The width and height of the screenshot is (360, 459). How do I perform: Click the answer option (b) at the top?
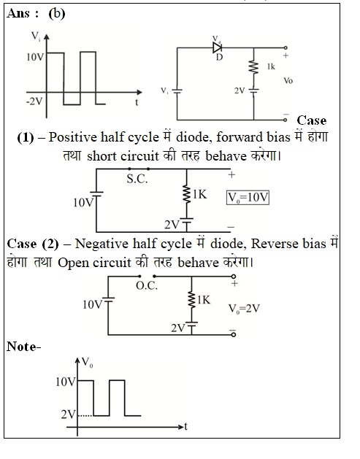(57, 13)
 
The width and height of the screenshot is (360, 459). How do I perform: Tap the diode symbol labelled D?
(218, 47)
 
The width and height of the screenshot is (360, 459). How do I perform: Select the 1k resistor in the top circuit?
(253, 68)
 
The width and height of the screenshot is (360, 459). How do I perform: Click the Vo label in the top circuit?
(288, 80)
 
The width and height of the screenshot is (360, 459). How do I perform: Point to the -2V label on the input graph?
(34, 101)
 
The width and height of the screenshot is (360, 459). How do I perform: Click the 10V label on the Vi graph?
(35, 57)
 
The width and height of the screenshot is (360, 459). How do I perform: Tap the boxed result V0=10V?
(248, 198)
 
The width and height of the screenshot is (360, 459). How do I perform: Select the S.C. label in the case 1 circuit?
(137, 179)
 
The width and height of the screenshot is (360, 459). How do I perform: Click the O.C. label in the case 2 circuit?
(147, 285)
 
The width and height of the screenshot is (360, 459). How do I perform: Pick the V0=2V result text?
(244, 309)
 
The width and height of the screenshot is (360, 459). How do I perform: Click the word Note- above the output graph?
(23, 347)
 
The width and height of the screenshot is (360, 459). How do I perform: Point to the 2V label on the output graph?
(68, 414)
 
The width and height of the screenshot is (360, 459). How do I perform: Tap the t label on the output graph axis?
(185, 426)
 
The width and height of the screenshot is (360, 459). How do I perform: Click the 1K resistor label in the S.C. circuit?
(199, 194)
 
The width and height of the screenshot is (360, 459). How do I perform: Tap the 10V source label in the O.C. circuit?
(92, 305)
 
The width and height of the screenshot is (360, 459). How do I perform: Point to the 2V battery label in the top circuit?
(240, 90)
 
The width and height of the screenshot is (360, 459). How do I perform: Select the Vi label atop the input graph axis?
(36, 36)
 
